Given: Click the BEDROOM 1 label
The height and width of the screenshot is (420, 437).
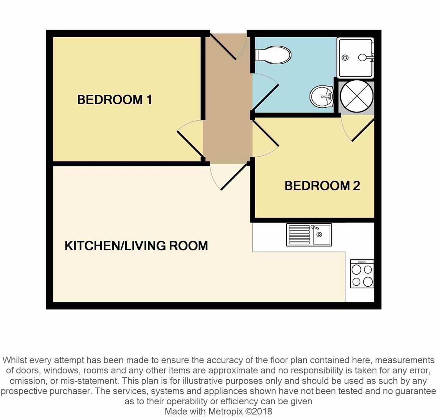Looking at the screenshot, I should coord(114,100).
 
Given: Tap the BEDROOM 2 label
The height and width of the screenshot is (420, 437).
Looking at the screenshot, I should coord(322,186).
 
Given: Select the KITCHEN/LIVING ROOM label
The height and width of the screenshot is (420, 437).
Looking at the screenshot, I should coord(136,246).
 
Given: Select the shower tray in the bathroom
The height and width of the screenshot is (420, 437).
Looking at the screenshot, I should coord(355,58).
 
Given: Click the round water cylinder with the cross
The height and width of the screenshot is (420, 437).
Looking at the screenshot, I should coord(356,96).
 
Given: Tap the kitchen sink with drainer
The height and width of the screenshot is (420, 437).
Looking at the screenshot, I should coord(309,235).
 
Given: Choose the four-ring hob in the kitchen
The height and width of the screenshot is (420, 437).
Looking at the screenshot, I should coord(362,274).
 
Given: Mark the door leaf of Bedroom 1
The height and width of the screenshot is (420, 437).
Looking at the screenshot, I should coord(190,143).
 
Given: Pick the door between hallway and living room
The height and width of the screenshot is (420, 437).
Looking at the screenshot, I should coord(234,177).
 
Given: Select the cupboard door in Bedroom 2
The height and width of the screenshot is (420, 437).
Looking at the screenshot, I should coord(363,130).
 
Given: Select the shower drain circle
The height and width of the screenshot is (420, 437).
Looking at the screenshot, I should coord(345,58).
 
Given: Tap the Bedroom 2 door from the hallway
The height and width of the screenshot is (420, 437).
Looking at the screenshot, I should coord(265,133).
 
